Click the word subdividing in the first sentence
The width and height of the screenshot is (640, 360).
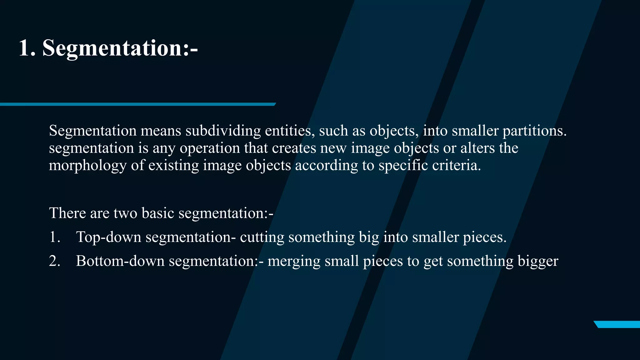(223, 131)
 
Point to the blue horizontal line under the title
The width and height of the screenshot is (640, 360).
(137, 104)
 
